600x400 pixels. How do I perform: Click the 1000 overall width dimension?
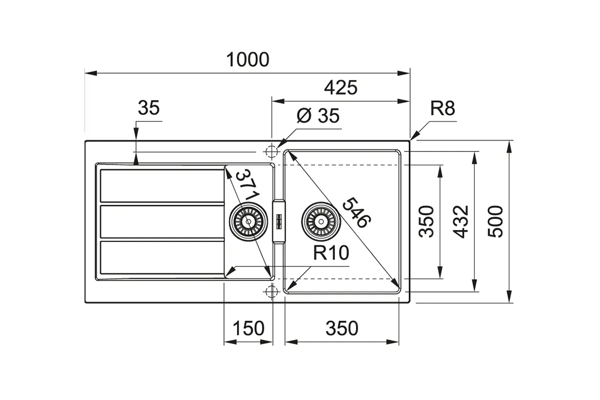click(x=248, y=59)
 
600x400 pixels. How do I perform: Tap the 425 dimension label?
click(x=340, y=87)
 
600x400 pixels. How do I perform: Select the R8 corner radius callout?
click(x=442, y=108)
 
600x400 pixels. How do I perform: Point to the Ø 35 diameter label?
click(x=318, y=115)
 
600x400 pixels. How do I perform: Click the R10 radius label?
click(x=331, y=252)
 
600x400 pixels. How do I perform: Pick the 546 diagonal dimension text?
click(x=357, y=212)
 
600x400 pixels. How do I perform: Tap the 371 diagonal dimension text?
click(x=247, y=184)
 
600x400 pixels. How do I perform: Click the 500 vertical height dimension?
click(x=495, y=221)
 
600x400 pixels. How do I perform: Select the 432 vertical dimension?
click(x=460, y=221)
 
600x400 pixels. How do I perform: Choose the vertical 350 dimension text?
click(x=426, y=221)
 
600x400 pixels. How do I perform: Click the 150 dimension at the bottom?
click(x=248, y=328)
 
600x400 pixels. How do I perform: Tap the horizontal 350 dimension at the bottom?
click(x=342, y=328)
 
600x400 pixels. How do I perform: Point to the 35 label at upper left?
click(x=148, y=107)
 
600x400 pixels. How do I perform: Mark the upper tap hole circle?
click(x=271, y=152)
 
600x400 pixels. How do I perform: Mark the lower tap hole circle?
click(x=271, y=291)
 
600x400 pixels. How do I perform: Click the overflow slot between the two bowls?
click(x=279, y=221)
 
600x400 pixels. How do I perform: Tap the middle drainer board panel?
click(x=162, y=221)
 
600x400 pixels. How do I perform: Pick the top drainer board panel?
click(x=162, y=185)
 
